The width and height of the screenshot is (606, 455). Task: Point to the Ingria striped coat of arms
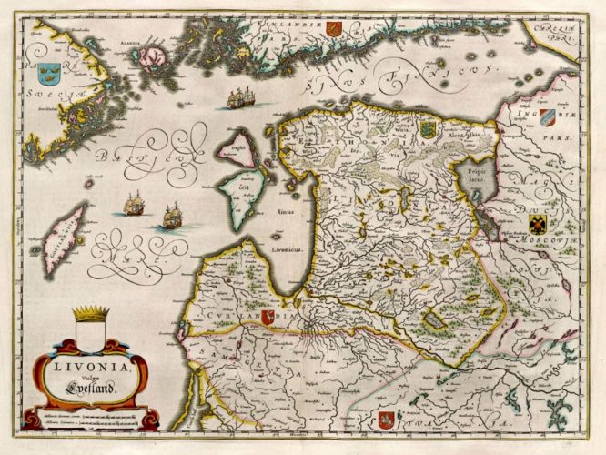546,116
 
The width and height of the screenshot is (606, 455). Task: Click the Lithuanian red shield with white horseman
386,420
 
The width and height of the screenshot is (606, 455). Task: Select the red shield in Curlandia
268,317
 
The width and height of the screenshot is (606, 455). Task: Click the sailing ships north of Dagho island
241,97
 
